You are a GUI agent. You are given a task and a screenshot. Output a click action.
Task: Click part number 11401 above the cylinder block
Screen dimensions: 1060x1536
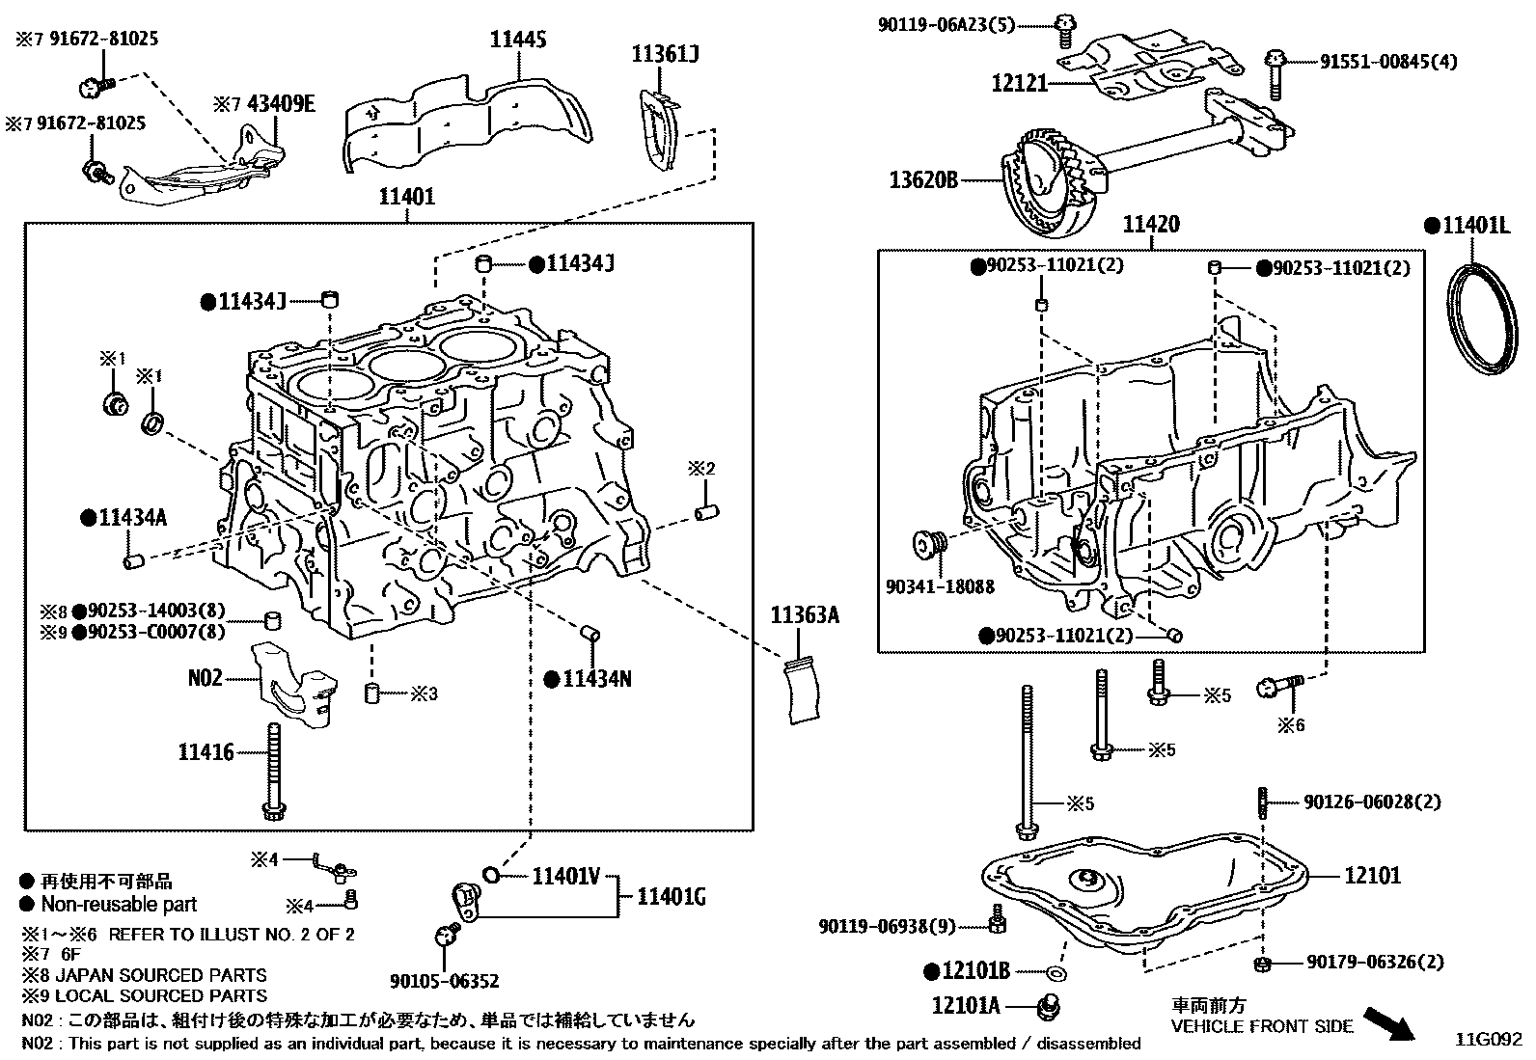coord(406,197)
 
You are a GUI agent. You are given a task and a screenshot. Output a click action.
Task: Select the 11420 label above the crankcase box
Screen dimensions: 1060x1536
coord(1151,225)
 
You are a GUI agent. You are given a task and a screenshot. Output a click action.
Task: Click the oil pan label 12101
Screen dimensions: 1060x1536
coord(1373,876)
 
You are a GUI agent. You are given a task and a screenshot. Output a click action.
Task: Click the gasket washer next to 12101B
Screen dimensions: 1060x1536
coord(1056,972)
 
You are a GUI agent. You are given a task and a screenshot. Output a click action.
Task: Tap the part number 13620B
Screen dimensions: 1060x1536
coord(924,179)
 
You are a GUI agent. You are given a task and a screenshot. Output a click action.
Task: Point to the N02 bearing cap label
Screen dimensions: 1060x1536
coord(205,678)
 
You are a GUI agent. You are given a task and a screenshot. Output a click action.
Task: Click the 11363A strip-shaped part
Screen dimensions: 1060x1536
coord(805,690)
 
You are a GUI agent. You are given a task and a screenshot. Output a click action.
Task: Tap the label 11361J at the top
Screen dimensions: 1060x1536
coord(666,55)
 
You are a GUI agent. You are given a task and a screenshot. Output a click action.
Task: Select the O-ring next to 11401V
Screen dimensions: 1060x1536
coord(490,875)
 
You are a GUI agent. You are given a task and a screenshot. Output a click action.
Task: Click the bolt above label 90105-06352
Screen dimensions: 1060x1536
coord(446,932)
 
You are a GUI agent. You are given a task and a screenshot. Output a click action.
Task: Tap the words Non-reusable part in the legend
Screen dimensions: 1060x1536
coord(119,904)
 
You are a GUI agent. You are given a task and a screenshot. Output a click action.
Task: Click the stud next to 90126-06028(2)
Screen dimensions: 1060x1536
coord(1262,802)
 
